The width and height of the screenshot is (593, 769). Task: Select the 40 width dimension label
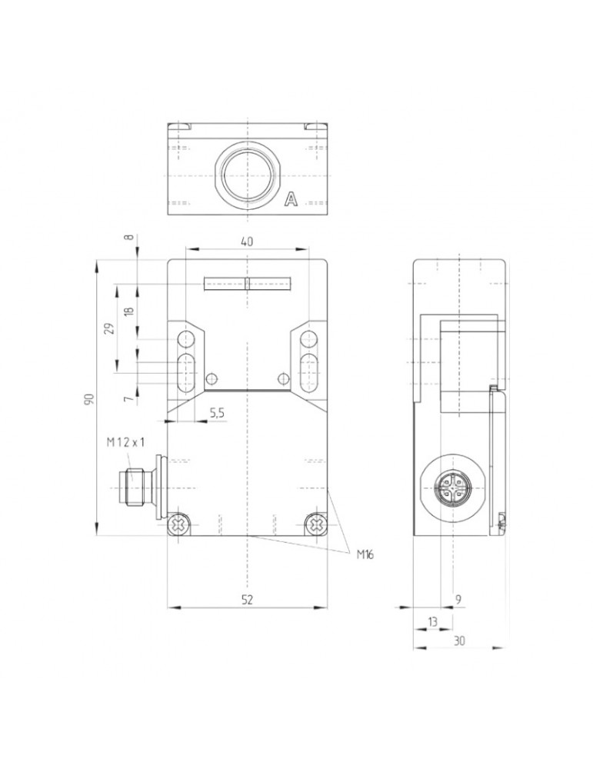[x=247, y=241]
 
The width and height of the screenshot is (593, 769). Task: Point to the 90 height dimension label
[x=88, y=398]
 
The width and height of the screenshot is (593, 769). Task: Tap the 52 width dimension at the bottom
[x=247, y=599]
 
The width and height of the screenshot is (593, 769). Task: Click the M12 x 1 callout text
[x=126, y=442]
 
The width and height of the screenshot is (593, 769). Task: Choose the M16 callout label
[x=365, y=554]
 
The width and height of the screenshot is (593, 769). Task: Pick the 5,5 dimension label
[x=217, y=413]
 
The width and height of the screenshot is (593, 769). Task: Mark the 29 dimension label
[x=110, y=328]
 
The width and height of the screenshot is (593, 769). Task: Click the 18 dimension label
[x=128, y=311]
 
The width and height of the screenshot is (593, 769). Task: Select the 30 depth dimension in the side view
[x=459, y=641]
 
